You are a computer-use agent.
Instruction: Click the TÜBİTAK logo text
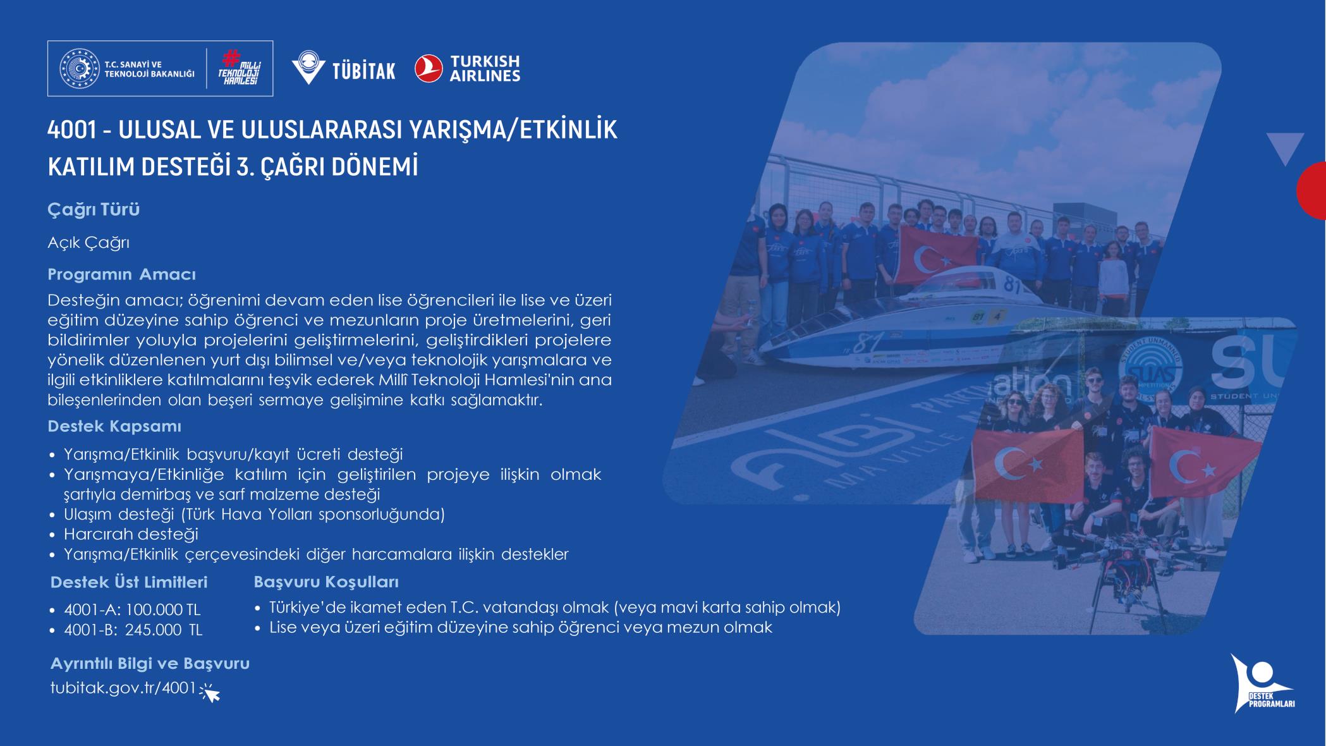[364, 70]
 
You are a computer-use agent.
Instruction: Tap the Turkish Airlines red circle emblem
[429, 69]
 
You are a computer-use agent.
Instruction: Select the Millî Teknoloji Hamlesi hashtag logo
[240, 68]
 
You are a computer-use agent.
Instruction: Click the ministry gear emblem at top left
[80, 69]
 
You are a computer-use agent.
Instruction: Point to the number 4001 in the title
[71, 130]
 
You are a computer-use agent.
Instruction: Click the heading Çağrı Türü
[94, 209]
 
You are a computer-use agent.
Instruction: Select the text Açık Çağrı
[88, 243]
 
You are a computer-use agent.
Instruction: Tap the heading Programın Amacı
[122, 274]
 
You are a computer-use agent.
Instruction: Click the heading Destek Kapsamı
[114, 426]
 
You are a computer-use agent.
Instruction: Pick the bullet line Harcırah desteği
[131, 534]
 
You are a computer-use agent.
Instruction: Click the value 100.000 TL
[163, 610]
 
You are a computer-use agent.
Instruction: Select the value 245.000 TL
[164, 630]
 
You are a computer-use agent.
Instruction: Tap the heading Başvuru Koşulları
[326, 582]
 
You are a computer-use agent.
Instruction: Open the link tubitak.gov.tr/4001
[123, 688]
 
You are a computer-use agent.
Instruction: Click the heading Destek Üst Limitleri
[129, 582]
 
